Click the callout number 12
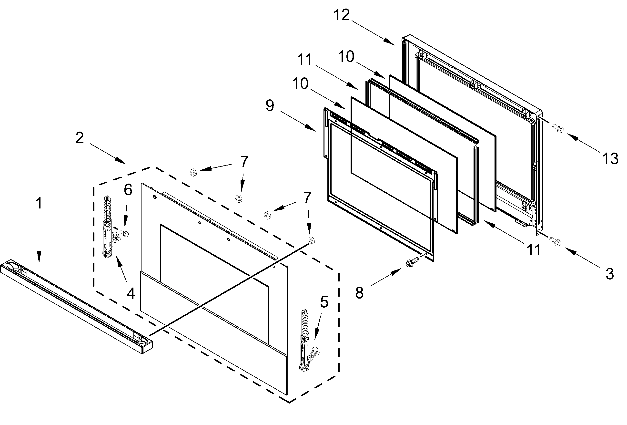pos(342,15)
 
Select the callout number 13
pos(610,158)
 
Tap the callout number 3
pos(609,274)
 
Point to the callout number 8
pos(359,293)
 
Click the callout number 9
pos(270,106)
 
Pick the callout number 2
pos(80,138)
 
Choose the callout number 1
pos(39,203)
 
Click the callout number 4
pos(131,293)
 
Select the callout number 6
pos(128,190)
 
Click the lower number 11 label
pos(533,250)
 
